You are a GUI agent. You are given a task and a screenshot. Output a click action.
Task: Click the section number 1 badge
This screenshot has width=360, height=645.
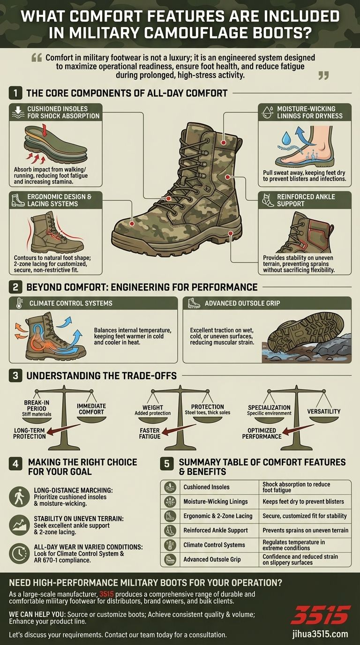15,93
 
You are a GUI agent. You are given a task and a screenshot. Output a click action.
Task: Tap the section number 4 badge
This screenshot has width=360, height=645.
15,464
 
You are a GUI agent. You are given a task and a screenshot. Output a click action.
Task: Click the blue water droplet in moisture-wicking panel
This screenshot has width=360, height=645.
285,138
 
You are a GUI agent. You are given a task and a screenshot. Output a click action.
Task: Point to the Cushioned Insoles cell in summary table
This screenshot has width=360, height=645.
207,487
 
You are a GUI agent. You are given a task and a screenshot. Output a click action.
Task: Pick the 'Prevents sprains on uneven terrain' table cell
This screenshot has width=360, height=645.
305,530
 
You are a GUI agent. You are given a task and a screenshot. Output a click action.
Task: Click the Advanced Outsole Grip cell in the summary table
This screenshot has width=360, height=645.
212,559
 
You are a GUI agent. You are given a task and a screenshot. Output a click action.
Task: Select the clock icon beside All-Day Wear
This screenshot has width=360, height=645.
19,553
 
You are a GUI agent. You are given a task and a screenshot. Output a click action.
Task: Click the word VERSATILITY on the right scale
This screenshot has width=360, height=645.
324,411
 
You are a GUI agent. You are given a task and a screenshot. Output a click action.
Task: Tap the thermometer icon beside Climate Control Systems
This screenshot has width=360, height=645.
19,303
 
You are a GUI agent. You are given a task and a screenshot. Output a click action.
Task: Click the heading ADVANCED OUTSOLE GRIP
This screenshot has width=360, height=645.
242,303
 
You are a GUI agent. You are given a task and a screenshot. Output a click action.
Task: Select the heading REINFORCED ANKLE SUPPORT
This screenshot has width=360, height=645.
306,200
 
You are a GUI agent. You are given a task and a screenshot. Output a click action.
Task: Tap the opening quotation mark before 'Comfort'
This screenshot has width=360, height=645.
36,58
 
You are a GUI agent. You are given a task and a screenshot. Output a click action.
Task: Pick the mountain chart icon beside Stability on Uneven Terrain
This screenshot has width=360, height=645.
19,525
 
